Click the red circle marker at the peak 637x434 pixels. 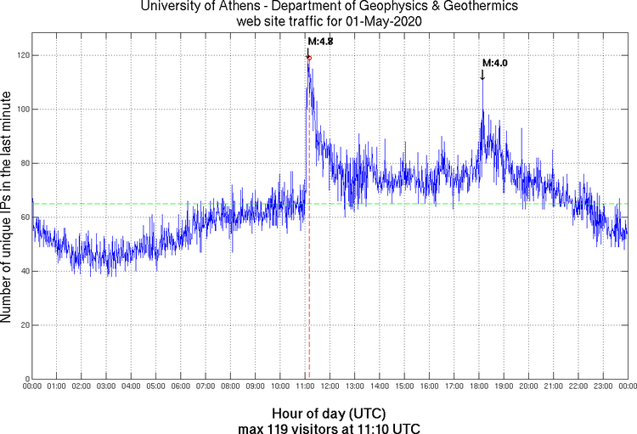(309, 59)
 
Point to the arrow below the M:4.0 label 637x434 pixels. (482, 75)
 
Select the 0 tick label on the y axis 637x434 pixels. (25, 379)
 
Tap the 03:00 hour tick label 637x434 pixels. (106, 387)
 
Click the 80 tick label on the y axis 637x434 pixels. (22, 163)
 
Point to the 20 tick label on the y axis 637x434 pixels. (22, 325)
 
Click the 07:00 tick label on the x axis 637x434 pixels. (206, 387)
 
